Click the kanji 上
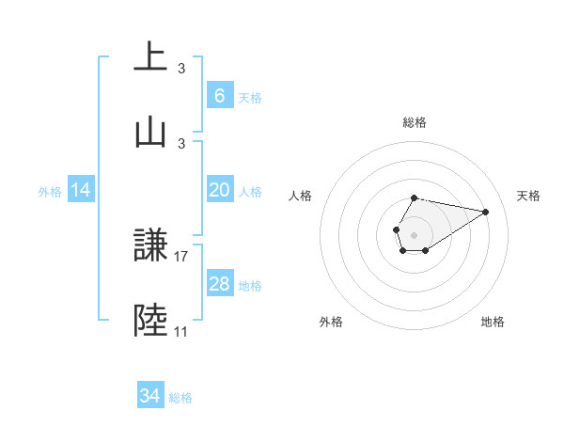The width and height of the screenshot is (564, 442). [x=150, y=57]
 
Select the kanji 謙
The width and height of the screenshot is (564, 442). [x=150, y=246]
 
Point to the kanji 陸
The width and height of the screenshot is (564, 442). [x=150, y=320]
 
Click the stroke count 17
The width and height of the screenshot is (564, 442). [x=182, y=256]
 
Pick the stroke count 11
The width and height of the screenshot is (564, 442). [x=181, y=331]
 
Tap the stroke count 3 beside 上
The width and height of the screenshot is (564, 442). [x=181, y=68]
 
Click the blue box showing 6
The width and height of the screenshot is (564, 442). [x=219, y=95]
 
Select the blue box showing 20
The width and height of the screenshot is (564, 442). [x=219, y=190]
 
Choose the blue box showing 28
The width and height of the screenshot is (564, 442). [x=219, y=284]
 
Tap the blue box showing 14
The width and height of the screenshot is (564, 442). [x=81, y=190]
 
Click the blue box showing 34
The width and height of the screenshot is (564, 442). [x=149, y=396]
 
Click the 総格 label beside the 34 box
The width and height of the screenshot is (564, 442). [x=180, y=398]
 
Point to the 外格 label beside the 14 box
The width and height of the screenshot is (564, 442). [x=50, y=191]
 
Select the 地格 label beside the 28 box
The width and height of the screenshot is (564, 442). [x=250, y=285]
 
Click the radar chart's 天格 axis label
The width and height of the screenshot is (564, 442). [x=529, y=196]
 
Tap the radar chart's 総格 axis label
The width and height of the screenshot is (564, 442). [x=415, y=122]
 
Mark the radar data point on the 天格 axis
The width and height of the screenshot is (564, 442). [x=486, y=212]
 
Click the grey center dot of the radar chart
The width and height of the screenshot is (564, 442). [x=414, y=233]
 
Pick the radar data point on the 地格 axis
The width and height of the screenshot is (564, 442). [x=426, y=250]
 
